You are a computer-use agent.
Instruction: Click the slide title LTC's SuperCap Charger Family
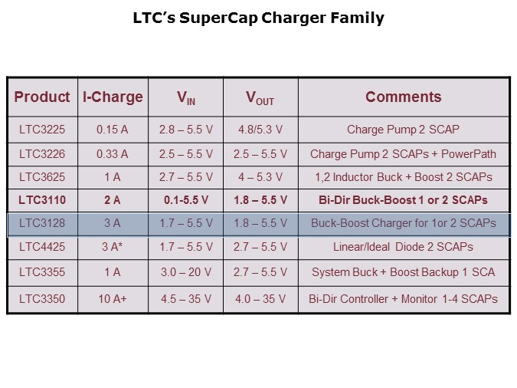pyautogui.click(x=258, y=18)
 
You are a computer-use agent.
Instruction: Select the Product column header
pyautogui.click(x=42, y=97)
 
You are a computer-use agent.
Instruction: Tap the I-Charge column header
pyautogui.click(x=113, y=97)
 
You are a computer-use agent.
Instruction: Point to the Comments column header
pyautogui.click(x=403, y=97)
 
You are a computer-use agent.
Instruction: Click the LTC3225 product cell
pyautogui.click(x=42, y=130)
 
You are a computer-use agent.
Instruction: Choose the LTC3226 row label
pyautogui.click(x=42, y=154)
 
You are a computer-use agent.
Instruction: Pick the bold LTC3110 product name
pyautogui.click(x=42, y=201)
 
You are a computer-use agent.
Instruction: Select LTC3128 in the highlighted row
pyautogui.click(x=42, y=224)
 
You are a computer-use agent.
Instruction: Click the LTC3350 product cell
pyautogui.click(x=42, y=298)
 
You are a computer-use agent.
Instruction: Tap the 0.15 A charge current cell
pyautogui.click(x=113, y=130)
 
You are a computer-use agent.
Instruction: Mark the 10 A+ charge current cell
pyautogui.click(x=113, y=298)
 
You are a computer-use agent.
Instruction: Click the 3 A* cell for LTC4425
pyautogui.click(x=113, y=247)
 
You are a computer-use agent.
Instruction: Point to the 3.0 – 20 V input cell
pyautogui.click(x=186, y=272)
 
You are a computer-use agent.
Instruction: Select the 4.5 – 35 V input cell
pyautogui.click(x=186, y=298)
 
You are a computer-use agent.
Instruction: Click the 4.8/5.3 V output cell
pyautogui.click(x=260, y=130)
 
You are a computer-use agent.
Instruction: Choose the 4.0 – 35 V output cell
pyautogui.click(x=260, y=298)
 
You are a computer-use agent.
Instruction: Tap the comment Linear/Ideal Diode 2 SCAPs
pyautogui.click(x=403, y=247)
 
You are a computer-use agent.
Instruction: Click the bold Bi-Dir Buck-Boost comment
pyautogui.click(x=403, y=201)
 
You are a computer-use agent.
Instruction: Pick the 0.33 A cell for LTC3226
pyautogui.click(x=113, y=154)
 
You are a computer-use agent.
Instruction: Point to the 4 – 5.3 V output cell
pyautogui.click(x=260, y=177)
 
